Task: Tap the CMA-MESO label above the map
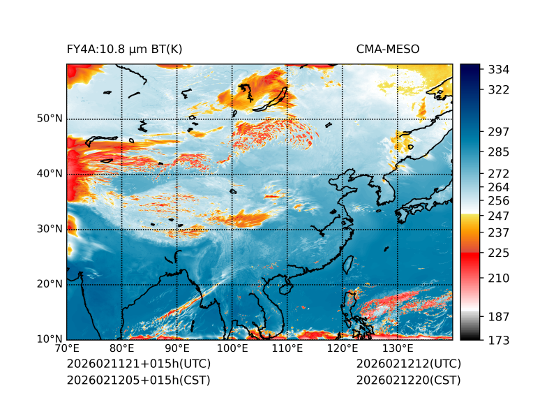pyautogui.click(x=388, y=49)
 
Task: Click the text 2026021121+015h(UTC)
pyautogui.click(x=138, y=364)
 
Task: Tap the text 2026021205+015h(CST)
pyautogui.click(x=138, y=380)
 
